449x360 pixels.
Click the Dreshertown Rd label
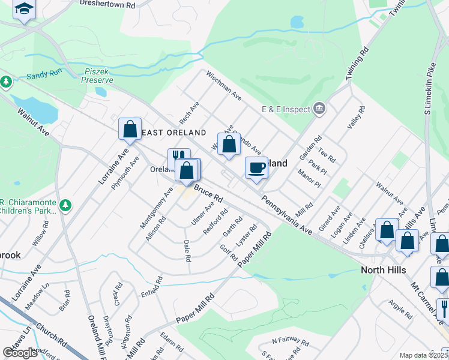tap(108, 5)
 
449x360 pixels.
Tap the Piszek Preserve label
tap(97, 75)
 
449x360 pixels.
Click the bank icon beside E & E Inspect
tap(319, 109)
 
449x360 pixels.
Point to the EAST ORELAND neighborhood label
tap(174, 133)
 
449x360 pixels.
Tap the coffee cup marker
tap(257, 167)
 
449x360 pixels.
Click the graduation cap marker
tap(24, 9)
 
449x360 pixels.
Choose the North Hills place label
tap(383, 270)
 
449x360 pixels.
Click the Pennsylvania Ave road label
tap(287, 214)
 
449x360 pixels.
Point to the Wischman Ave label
tap(224, 86)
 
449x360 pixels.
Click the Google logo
tap(20, 353)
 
